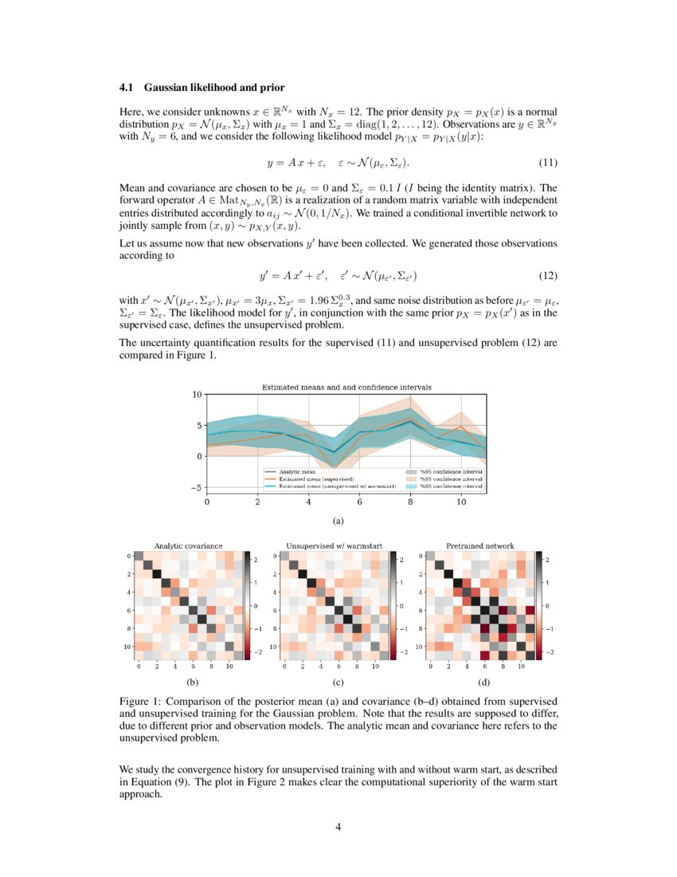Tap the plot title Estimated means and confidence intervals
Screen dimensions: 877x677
(346, 387)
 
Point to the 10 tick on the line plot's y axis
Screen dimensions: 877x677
(197, 395)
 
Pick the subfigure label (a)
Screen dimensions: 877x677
(338, 521)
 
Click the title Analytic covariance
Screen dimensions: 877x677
(188, 546)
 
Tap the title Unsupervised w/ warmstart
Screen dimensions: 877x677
(335, 546)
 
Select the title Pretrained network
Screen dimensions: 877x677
(479, 546)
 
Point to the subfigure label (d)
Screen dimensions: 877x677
(483, 682)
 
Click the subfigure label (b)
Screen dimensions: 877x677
(191, 682)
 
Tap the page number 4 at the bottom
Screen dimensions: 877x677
(338, 826)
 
